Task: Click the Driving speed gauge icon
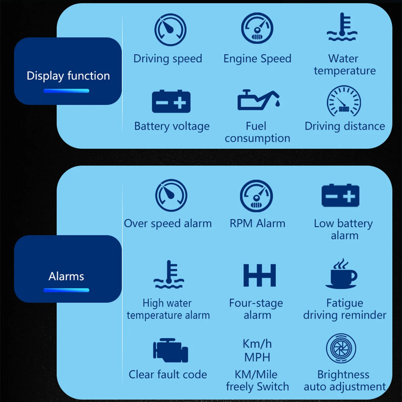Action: point(170,30)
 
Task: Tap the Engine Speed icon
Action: point(257,28)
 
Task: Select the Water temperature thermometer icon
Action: point(342,27)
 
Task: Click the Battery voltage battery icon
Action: point(171,101)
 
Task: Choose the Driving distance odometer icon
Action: point(344,101)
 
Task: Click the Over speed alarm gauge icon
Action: point(171,195)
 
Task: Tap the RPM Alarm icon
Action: point(256,196)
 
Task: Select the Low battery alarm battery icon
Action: point(340,195)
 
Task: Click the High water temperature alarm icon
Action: point(169,275)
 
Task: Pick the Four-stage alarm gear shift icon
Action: point(260,275)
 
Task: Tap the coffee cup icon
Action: point(342,274)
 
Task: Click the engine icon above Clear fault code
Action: point(171,350)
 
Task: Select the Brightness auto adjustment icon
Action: point(341,348)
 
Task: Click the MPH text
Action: point(257,357)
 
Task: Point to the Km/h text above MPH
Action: point(257,344)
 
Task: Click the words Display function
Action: point(68,76)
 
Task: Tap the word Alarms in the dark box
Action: point(66,276)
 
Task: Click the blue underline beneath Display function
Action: point(66,91)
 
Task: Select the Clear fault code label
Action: point(168,375)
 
